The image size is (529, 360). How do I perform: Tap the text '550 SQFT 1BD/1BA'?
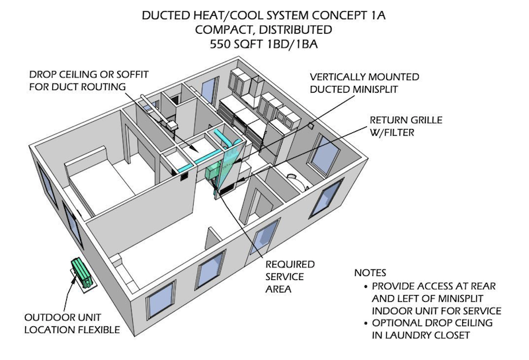pyautogui.click(x=264, y=46)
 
